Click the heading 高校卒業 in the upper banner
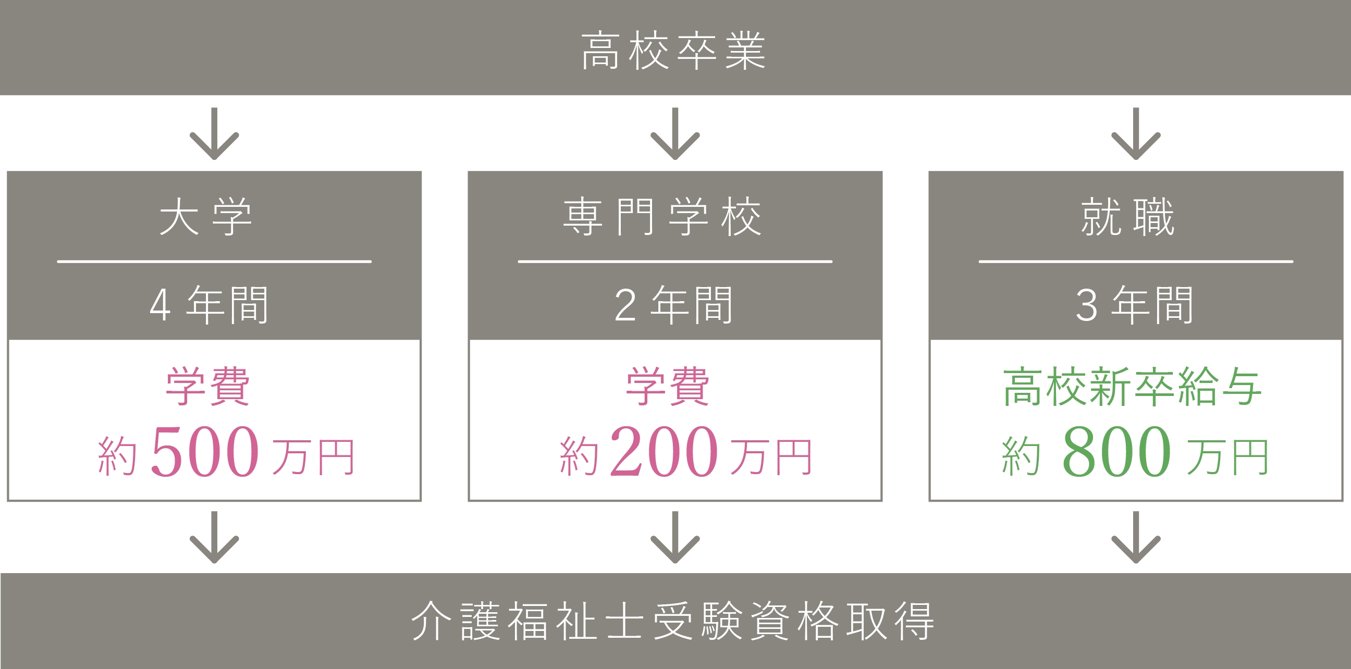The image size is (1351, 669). (674, 51)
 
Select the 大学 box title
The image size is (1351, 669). (205, 217)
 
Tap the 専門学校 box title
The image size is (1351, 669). (662, 217)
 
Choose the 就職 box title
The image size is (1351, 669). (1127, 217)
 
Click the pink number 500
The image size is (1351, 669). (205, 451)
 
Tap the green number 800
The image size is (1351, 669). (1116, 451)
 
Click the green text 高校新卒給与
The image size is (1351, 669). (1132, 387)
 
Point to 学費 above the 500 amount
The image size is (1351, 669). (208, 387)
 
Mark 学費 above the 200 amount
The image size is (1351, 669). (668, 387)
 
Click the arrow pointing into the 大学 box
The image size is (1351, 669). (214, 134)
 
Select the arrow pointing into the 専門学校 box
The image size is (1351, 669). (675, 134)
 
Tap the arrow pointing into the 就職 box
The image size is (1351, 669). (1136, 134)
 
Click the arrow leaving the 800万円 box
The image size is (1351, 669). (1136, 537)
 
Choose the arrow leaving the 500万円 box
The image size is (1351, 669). (214, 537)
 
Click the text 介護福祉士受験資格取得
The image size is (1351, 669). (674, 621)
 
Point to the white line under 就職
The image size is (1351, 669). (1136, 261)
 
